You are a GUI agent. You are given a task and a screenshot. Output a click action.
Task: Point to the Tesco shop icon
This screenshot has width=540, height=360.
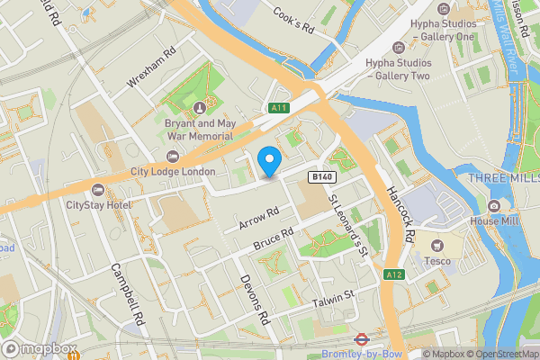pos(439,246)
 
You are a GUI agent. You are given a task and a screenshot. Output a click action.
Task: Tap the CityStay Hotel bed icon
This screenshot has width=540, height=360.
pos(98,189)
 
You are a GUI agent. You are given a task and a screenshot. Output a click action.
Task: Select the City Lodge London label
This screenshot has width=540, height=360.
pos(173,172)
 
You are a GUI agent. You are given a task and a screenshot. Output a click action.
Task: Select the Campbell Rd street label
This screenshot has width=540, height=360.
pos(128,294)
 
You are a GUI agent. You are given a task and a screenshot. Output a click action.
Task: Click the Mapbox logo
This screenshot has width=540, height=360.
pos(39,348)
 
